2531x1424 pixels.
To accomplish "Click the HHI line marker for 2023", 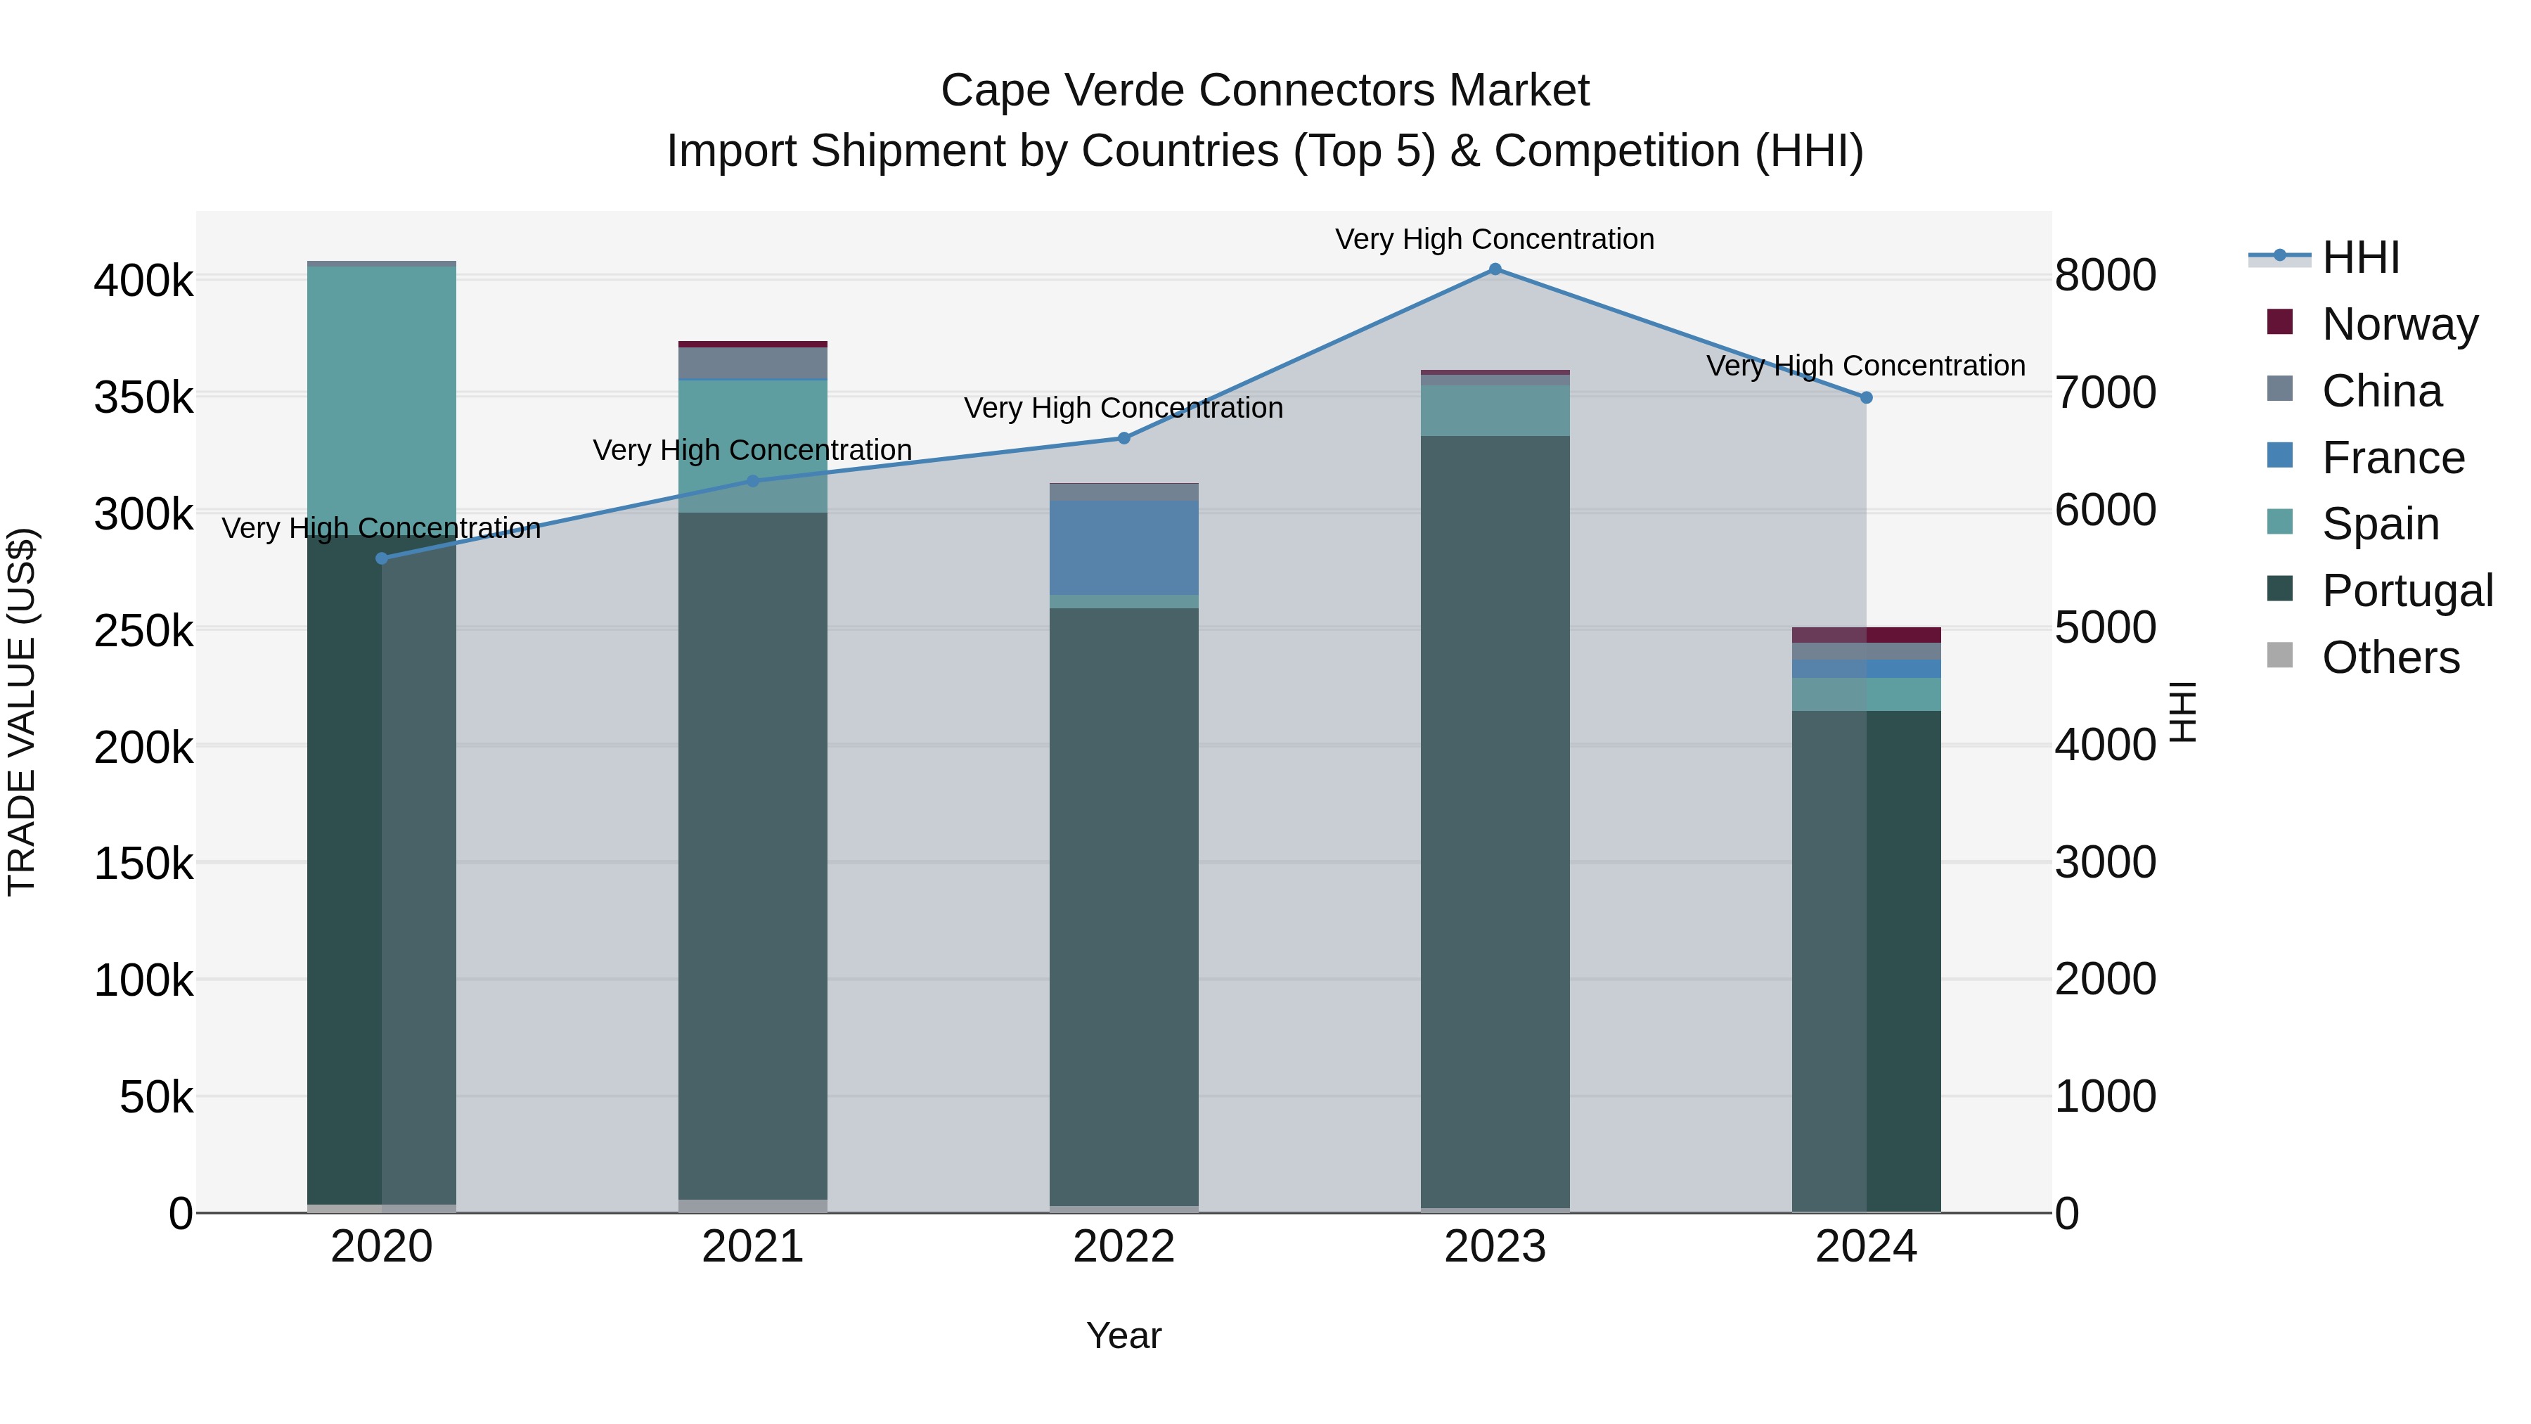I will tap(1495, 269).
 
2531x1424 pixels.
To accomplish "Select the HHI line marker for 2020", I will tap(382, 558).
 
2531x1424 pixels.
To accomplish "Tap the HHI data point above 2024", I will tap(1866, 398).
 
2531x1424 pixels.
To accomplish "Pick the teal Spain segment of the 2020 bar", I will tap(382, 398).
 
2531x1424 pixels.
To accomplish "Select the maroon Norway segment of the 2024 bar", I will tap(1866, 635).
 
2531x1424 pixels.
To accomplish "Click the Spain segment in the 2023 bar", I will tap(1495, 410).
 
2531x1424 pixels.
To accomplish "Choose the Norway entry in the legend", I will tap(2398, 324).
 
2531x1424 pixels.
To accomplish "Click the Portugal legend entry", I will tap(2407, 591).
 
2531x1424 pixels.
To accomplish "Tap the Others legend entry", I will tap(2390, 658).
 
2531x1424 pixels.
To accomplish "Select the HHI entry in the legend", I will tap(2360, 257).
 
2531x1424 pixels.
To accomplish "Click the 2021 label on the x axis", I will tap(752, 1247).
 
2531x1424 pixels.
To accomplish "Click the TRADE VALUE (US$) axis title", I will tap(22, 712).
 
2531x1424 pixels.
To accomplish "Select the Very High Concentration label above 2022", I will tap(1123, 408).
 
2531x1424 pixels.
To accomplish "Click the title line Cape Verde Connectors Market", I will tap(1265, 91).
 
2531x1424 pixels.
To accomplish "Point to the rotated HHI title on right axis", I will tap(2181, 712).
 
